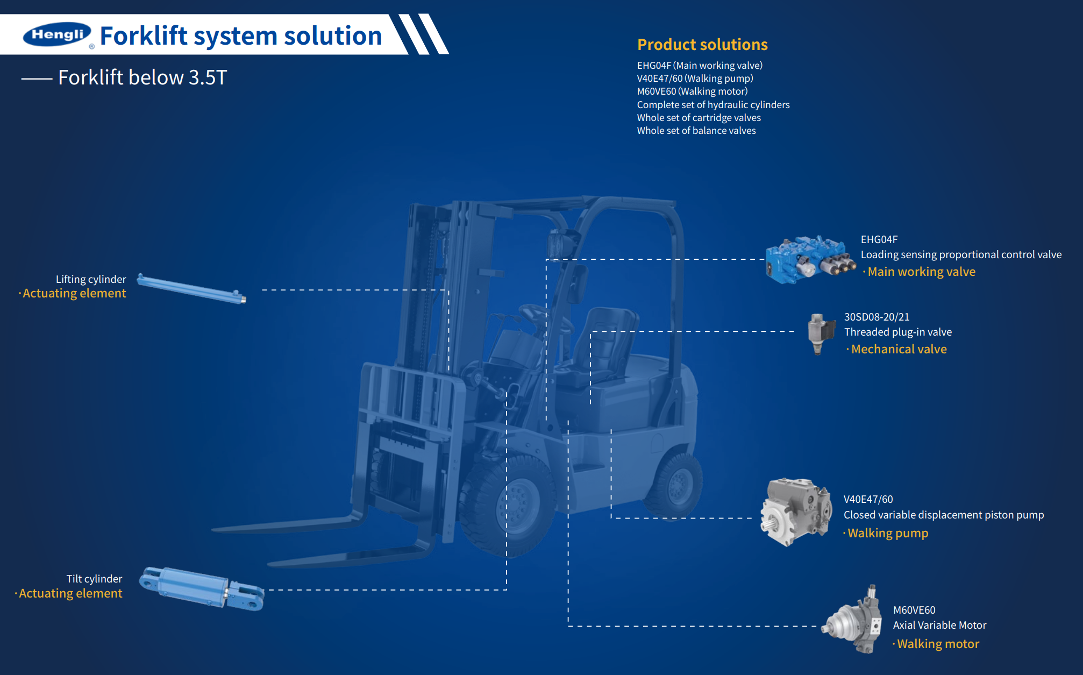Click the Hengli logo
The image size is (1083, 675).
click(56, 34)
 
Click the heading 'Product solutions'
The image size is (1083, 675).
click(702, 45)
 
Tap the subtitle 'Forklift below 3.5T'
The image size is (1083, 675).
click(142, 77)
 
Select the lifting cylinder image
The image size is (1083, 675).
click(191, 288)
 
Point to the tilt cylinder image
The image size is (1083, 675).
click(202, 588)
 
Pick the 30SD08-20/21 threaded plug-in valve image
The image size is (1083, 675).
click(820, 333)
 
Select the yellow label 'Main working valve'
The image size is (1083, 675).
click(921, 272)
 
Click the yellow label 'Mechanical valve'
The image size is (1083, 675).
click(899, 350)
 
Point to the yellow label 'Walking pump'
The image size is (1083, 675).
click(887, 534)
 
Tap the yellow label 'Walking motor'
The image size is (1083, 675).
click(938, 644)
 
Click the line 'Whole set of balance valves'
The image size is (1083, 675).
click(696, 131)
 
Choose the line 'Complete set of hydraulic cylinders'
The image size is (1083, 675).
click(713, 105)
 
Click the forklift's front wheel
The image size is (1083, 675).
click(514, 503)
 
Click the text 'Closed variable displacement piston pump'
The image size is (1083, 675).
click(944, 515)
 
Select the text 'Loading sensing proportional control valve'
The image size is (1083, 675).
click(961, 255)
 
